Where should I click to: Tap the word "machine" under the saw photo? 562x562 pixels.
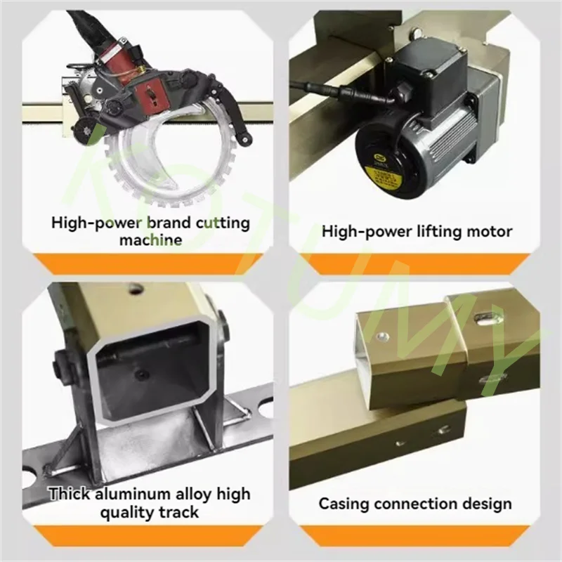pos(150,240)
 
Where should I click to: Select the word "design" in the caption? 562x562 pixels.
pos(488,504)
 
